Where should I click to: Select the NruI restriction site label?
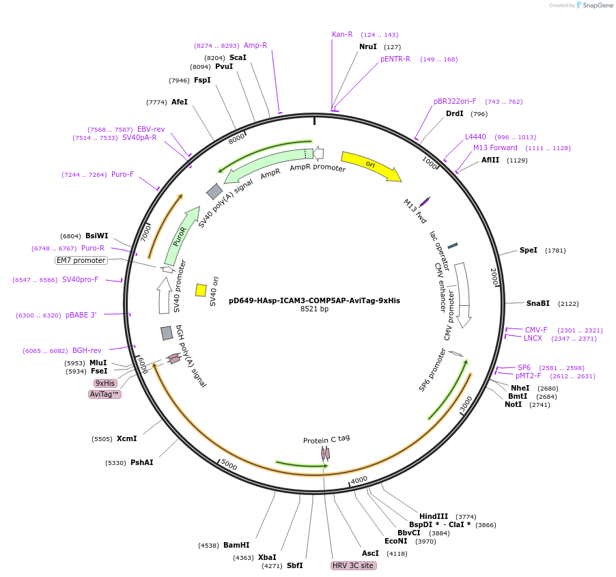coord(368,47)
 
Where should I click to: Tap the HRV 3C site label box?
coord(353,566)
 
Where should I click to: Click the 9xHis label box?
coord(105,383)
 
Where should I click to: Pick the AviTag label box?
coord(104,394)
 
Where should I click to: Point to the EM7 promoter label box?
coord(81,260)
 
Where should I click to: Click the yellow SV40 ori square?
coord(201,290)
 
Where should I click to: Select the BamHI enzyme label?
coord(236,546)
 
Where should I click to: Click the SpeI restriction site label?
coord(529,251)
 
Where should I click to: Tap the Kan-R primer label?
coord(342,34)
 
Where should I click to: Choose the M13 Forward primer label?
coord(495,147)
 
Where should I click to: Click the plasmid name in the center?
coord(314,300)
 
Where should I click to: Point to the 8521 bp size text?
coord(314,309)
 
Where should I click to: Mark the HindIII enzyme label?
coord(434,516)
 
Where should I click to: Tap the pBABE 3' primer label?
coord(81,315)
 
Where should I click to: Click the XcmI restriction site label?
coord(126,439)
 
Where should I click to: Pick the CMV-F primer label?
coord(536,330)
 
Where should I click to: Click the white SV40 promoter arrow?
coord(164,295)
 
